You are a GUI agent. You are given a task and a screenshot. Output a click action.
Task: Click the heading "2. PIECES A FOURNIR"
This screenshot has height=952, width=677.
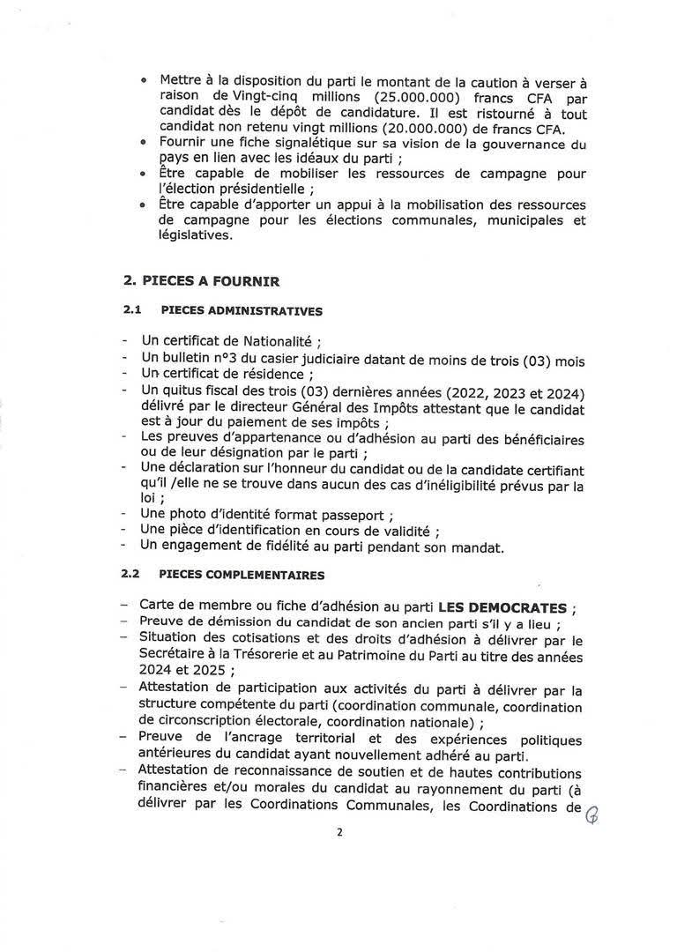coord(201,281)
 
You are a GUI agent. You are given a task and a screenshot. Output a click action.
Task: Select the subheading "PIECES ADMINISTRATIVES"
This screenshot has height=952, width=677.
coord(241,311)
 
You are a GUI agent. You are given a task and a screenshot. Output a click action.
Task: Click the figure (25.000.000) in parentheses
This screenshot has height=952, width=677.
coord(405,94)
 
